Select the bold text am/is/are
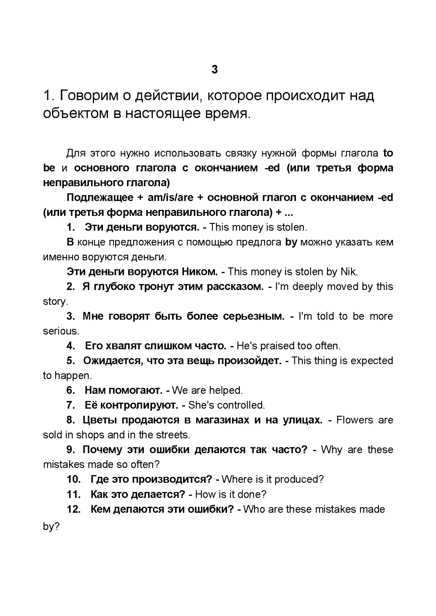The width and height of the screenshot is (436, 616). tap(170, 198)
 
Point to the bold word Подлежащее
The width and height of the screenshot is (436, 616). tap(100, 198)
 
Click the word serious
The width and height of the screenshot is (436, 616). tap(61, 331)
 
